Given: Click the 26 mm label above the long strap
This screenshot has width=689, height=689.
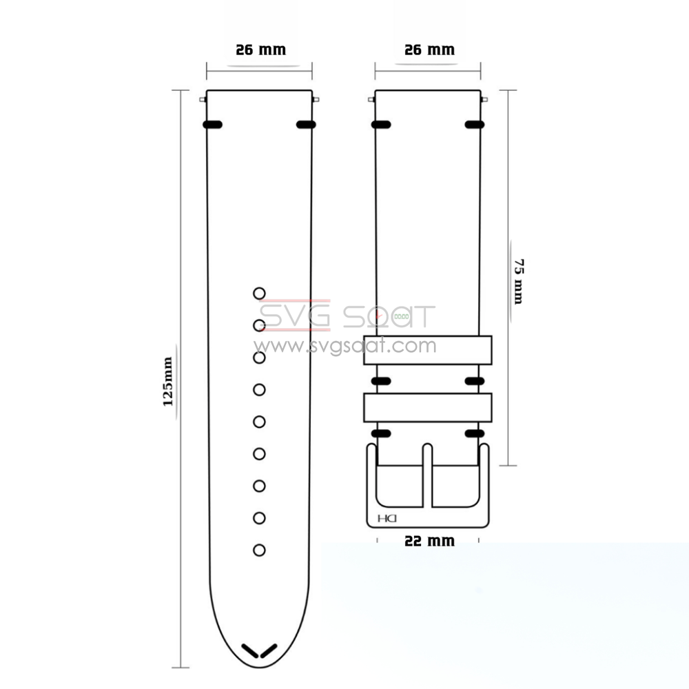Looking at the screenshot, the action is pyautogui.click(x=260, y=50).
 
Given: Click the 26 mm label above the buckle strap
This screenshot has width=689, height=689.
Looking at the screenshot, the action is pyautogui.click(x=429, y=50).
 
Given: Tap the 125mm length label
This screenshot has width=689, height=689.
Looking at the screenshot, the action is pyautogui.click(x=168, y=382).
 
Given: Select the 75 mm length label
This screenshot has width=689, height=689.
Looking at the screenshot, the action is pyautogui.click(x=519, y=282).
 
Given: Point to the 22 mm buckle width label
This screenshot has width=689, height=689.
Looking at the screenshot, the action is pyautogui.click(x=429, y=541).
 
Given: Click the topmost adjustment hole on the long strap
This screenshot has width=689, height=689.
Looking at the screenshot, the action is pyautogui.click(x=259, y=294).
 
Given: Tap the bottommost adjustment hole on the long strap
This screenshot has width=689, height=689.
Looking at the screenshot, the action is pyautogui.click(x=259, y=550).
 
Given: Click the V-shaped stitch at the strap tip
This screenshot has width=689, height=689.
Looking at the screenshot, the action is pyautogui.click(x=259, y=651).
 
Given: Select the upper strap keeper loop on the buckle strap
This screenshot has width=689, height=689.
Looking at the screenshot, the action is pyautogui.click(x=428, y=350).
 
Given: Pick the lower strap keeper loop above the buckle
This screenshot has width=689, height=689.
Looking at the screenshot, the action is pyautogui.click(x=428, y=408).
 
